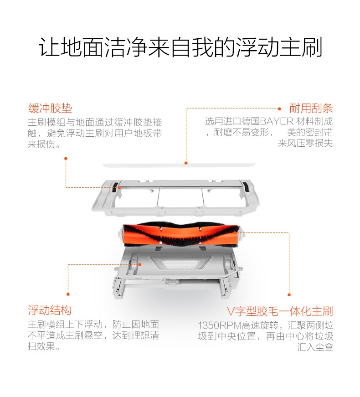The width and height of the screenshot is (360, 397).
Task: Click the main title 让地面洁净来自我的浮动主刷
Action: click(x=180, y=47)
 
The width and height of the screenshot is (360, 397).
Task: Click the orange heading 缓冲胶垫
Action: click(x=50, y=108)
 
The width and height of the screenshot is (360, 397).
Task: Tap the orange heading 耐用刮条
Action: click(x=311, y=108)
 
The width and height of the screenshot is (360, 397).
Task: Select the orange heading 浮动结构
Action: click(x=50, y=310)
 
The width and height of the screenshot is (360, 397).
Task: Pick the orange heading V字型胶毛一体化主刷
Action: click(x=280, y=311)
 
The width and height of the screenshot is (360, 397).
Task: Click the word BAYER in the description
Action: click(x=277, y=121)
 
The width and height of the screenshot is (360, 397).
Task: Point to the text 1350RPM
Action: click(x=219, y=325)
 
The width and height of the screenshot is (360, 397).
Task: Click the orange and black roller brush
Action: click(x=180, y=234)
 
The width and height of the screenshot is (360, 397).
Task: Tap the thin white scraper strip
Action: click(x=179, y=165)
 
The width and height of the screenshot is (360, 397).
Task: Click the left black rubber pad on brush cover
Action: click(x=115, y=186)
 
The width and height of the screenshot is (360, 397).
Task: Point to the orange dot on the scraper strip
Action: click(x=186, y=163)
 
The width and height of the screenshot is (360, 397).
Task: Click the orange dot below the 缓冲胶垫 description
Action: click(x=66, y=159)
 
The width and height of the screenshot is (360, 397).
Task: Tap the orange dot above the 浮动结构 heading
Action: click(x=68, y=294)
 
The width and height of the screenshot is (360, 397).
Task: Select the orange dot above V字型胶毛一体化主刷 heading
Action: click(x=289, y=294)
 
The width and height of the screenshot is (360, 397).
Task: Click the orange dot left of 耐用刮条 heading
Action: click(x=279, y=109)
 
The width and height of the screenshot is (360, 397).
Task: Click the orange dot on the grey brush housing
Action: click(x=140, y=264)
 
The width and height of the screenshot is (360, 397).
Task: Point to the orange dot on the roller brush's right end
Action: click(x=235, y=232)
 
